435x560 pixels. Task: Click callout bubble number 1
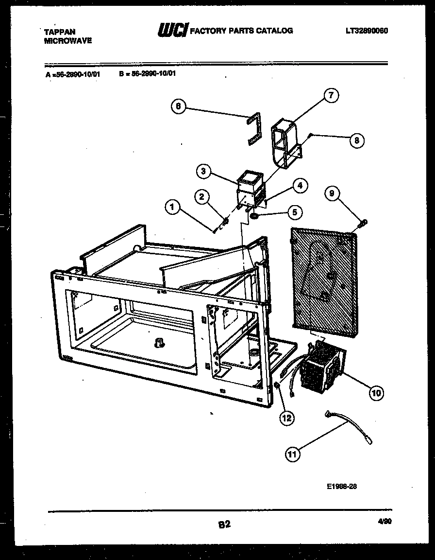click(x=171, y=208)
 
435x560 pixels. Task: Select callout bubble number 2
click(x=202, y=196)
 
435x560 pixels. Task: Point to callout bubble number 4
click(x=300, y=185)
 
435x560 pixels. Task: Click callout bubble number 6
click(x=179, y=106)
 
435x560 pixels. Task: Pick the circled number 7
click(x=331, y=96)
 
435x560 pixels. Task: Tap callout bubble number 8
click(x=356, y=140)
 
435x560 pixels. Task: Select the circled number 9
click(x=332, y=194)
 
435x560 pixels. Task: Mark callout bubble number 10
click(x=376, y=392)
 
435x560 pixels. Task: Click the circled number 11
click(x=292, y=455)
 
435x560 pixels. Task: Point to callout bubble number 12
click(x=287, y=418)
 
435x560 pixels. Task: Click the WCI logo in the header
click(x=172, y=31)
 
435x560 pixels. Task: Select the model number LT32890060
click(x=367, y=31)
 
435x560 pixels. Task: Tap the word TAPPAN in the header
click(x=60, y=32)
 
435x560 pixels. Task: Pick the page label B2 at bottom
click(x=223, y=525)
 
